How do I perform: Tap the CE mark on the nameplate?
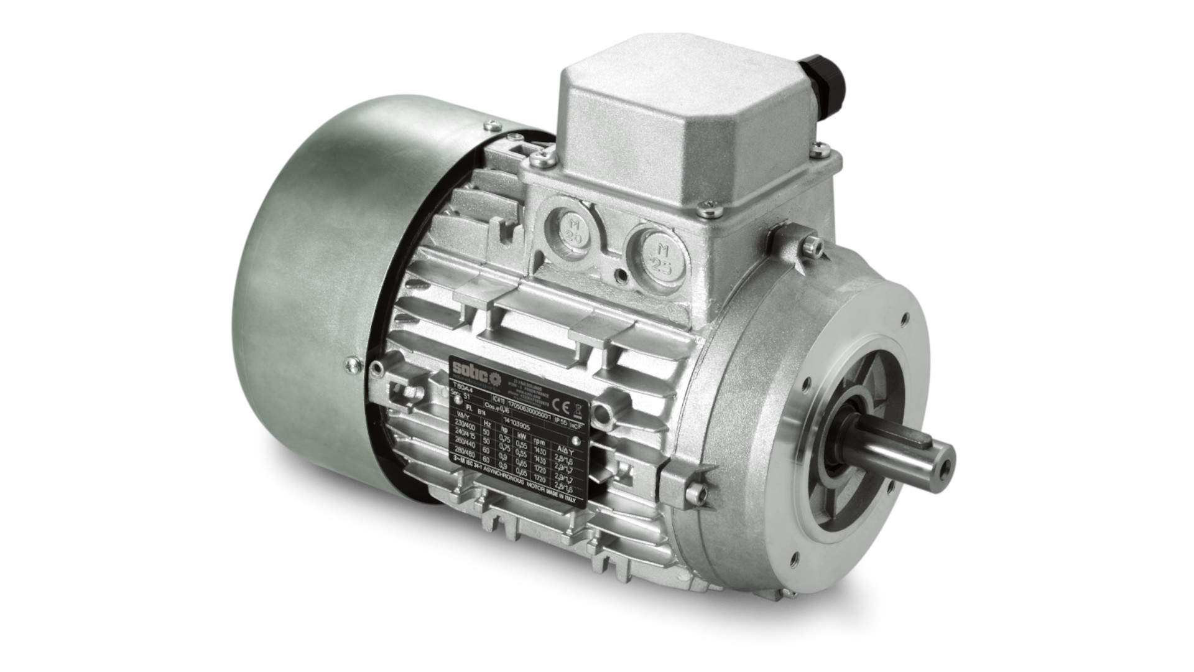point(560,406)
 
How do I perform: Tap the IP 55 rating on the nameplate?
point(560,422)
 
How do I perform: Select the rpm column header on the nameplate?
point(539,442)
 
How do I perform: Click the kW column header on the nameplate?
point(521,436)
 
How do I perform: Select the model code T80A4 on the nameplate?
point(463,389)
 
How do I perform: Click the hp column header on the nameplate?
point(504,430)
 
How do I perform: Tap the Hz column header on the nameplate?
point(487,424)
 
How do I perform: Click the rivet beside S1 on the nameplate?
point(458,399)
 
